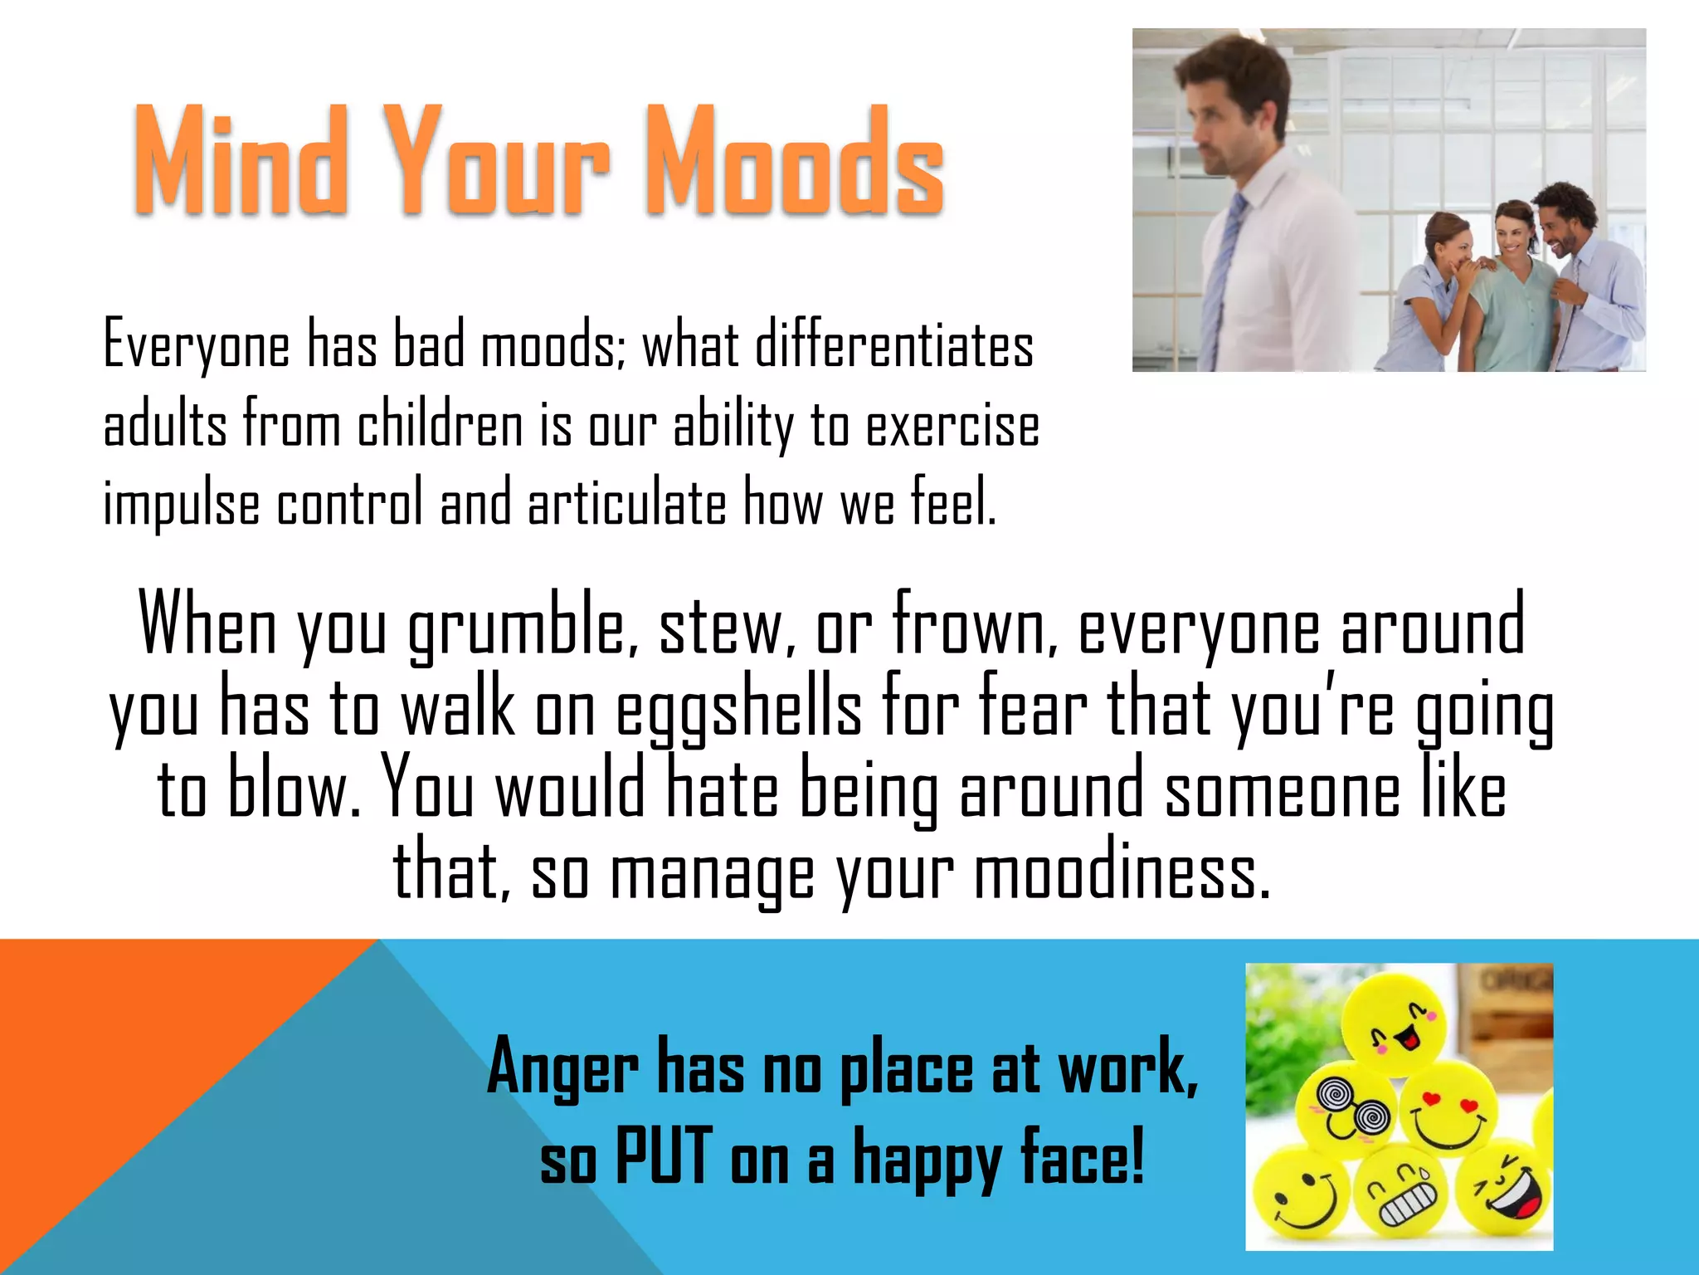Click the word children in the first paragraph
coord(440,425)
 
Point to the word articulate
coord(626,503)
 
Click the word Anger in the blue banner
coord(562,1069)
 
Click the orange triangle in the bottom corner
coord(124,1079)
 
